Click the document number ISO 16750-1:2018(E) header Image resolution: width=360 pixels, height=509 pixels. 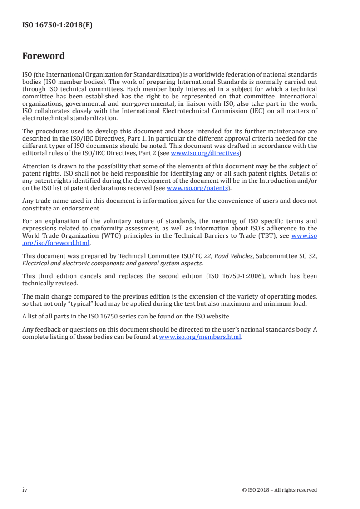pyautogui.click(x=57, y=25)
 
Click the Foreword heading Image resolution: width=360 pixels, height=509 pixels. pyautogui.click(x=44, y=56)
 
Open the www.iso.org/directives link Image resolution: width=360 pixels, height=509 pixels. pyautogui.click(x=204, y=153)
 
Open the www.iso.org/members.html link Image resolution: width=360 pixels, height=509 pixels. pyautogui.click(x=200, y=337)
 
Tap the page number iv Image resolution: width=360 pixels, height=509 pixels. pyautogui.click(x=25, y=489)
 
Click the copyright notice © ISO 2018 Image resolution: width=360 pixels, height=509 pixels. pyautogui.click(x=261, y=490)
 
